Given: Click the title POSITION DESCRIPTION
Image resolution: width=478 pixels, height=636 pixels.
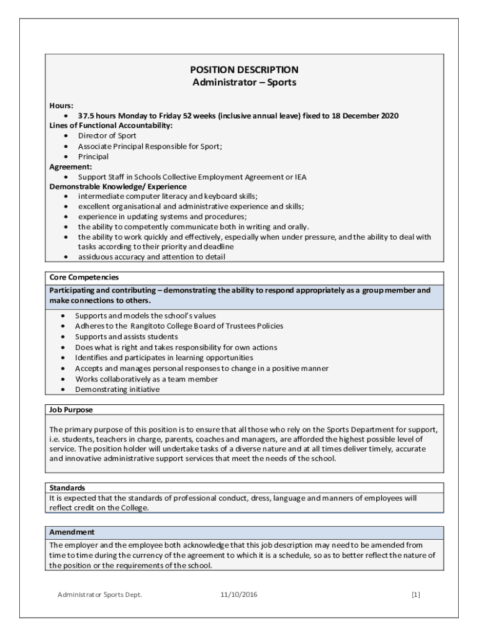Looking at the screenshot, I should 244,70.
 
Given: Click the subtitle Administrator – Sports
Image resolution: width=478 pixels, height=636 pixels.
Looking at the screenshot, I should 244,82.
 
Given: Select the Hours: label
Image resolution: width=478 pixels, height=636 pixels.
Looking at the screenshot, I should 61,106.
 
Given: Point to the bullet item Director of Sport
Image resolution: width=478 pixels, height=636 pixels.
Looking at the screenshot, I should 107,135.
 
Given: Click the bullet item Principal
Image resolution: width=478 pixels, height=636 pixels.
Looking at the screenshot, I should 93,157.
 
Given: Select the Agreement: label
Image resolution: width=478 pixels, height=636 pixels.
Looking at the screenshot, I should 71,166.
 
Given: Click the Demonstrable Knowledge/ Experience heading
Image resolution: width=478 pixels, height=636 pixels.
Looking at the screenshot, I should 118,186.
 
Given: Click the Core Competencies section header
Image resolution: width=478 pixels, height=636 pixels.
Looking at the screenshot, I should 84,277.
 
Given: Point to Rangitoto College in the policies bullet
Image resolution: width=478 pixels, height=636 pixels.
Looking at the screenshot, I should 164,325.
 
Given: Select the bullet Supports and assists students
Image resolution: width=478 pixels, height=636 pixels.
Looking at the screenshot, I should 127,336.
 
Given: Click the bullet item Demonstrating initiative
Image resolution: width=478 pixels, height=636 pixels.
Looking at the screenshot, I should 117,389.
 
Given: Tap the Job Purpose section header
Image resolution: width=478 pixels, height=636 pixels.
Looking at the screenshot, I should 71,410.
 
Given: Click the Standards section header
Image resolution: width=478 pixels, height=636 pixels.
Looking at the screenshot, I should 67,488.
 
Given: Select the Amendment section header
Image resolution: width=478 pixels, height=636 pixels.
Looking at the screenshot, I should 72,532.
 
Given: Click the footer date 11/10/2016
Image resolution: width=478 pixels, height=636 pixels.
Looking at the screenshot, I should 238,594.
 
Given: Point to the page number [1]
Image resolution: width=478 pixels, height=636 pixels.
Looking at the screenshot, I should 415,594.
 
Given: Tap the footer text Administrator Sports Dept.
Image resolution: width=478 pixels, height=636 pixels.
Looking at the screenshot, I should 100,594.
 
